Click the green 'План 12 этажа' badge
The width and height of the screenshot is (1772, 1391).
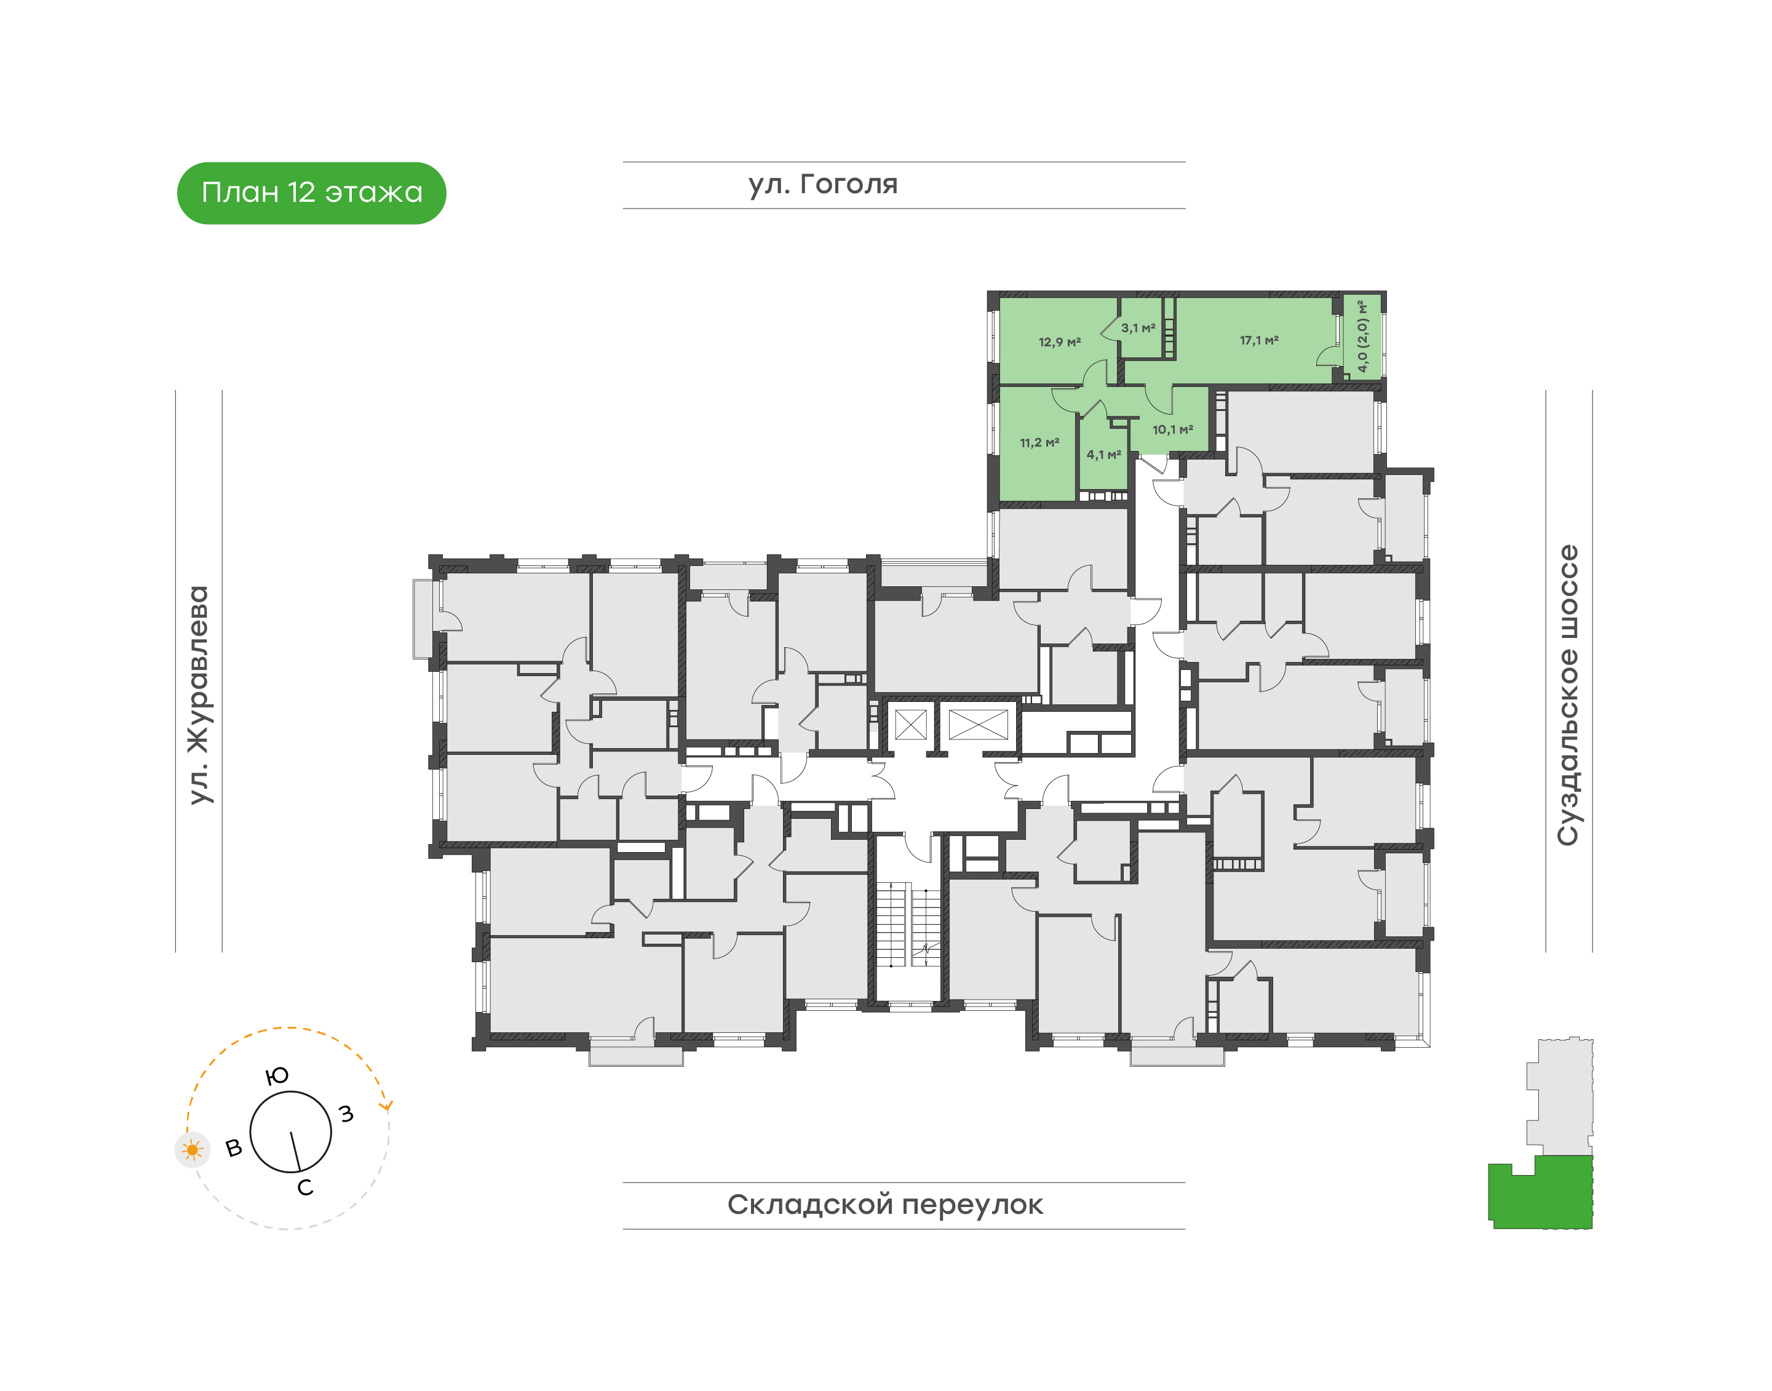pyautogui.click(x=311, y=193)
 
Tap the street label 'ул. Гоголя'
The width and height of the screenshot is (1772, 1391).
pyautogui.click(x=822, y=185)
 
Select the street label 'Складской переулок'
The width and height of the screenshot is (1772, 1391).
pyautogui.click(x=885, y=1205)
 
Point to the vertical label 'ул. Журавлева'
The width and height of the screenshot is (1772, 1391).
pyautogui.click(x=199, y=695)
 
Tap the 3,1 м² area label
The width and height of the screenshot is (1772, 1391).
pyautogui.click(x=1138, y=328)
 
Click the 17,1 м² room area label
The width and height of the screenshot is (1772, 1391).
pyautogui.click(x=1259, y=340)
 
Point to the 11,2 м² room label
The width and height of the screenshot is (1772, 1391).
pyautogui.click(x=1039, y=443)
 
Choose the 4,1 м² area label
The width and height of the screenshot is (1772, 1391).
pyautogui.click(x=1103, y=455)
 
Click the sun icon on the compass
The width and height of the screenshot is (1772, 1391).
pyautogui.click(x=192, y=1150)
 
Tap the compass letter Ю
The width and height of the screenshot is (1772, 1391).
pyautogui.click(x=277, y=1077)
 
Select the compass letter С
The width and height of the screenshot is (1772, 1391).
pyautogui.click(x=305, y=1187)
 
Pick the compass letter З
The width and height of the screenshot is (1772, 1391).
pyautogui.click(x=346, y=1114)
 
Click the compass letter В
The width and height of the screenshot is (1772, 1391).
pyautogui.click(x=234, y=1149)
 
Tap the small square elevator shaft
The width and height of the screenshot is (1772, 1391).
pyautogui.click(x=910, y=724)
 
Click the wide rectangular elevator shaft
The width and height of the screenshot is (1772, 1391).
pyautogui.click(x=978, y=724)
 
